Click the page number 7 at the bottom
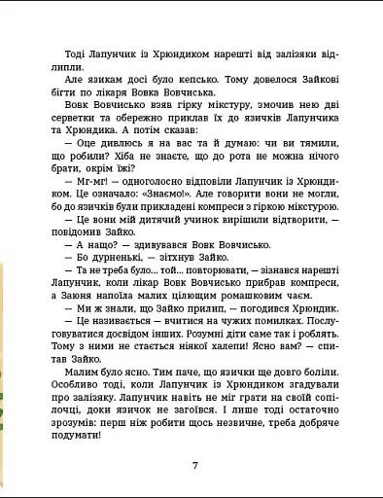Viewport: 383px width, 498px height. (195, 464)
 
